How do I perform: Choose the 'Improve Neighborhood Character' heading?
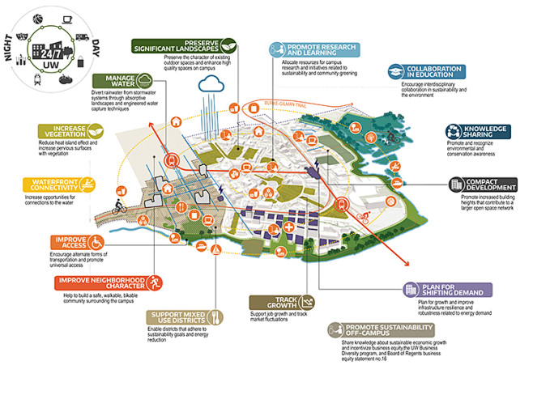coord(102,282)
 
